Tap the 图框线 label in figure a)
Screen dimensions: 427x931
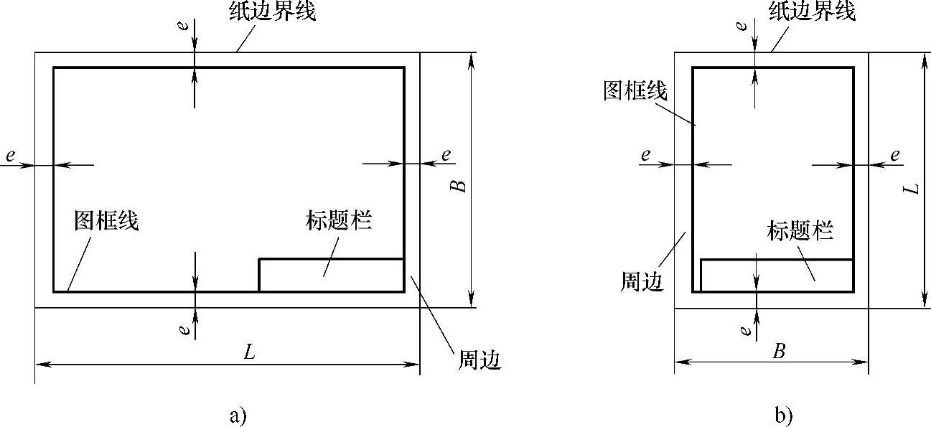click(x=106, y=222)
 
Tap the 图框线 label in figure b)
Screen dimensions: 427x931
click(x=636, y=92)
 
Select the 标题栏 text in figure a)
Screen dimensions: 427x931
click(x=338, y=220)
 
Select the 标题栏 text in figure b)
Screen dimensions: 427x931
click(x=800, y=231)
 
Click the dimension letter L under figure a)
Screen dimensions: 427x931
click(x=248, y=352)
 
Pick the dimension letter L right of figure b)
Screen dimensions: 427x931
click(x=912, y=188)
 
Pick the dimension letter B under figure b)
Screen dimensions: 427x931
click(x=778, y=352)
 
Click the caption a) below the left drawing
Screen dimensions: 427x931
click(x=238, y=416)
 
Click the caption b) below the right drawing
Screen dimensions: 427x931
click(x=783, y=416)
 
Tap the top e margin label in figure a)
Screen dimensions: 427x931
click(x=184, y=26)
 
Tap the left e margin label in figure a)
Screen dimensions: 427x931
click(x=9, y=155)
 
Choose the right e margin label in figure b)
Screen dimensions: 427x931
click(x=895, y=155)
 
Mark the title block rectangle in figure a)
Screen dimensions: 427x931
click(x=331, y=275)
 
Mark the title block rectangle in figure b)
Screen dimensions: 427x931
click(x=777, y=276)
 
